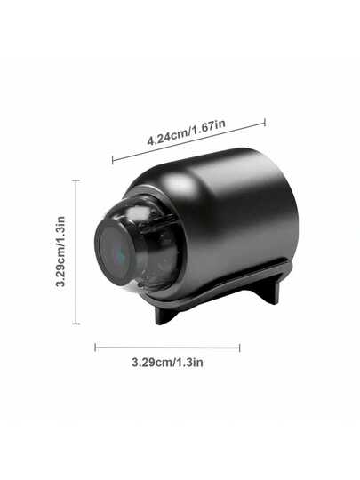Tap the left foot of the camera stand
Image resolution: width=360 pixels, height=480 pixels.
pyautogui.click(x=164, y=313)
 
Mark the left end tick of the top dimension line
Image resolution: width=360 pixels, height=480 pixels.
pyautogui.click(x=113, y=161)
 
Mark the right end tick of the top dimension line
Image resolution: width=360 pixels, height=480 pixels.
pyautogui.click(x=265, y=123)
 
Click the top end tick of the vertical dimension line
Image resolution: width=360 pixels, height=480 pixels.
pyautogui.click(x=76, y=180)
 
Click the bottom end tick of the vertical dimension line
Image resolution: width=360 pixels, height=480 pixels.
pyautogui.click(x=76, y=324)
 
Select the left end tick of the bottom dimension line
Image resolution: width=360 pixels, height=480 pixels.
pyautogui.click(x=96, y=347)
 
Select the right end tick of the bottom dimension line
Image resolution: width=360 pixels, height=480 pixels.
pyautogui.click(x=239, y=347)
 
